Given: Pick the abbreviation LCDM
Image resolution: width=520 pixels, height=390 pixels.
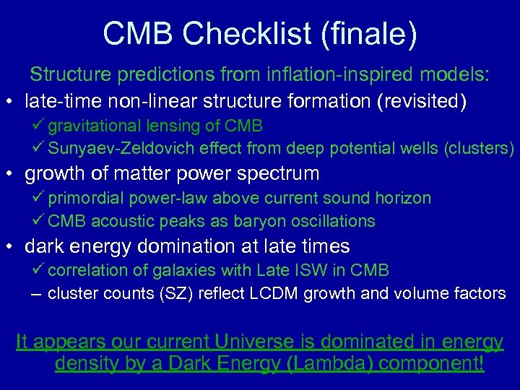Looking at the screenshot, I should (x=314, y=293).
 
